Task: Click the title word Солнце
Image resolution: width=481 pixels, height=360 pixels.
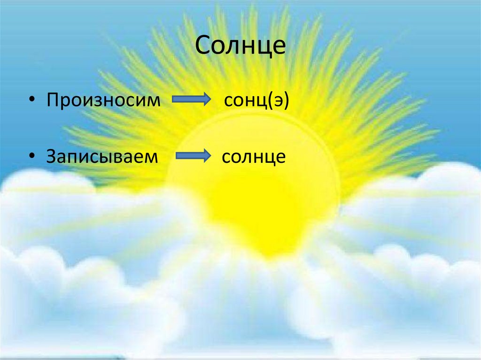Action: (240, 46)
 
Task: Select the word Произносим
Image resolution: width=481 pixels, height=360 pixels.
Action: (103, 100)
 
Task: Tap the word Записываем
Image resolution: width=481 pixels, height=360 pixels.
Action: (101, 156)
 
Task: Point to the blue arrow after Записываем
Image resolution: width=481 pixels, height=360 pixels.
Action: (193, 156)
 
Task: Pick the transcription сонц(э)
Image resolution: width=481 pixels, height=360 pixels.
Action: (256, 100)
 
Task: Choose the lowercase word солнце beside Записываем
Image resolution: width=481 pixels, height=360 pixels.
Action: (254, 156)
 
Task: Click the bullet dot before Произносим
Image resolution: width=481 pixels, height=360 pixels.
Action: (31, 100)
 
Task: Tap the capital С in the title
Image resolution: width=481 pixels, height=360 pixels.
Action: (203, 46)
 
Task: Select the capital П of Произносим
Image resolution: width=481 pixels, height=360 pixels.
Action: (52, 100)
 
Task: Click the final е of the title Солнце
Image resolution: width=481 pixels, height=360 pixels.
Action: (279, 47)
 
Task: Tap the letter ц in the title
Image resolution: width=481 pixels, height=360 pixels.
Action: (265, 47)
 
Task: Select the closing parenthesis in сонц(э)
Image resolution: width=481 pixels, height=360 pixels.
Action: (284, 101)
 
